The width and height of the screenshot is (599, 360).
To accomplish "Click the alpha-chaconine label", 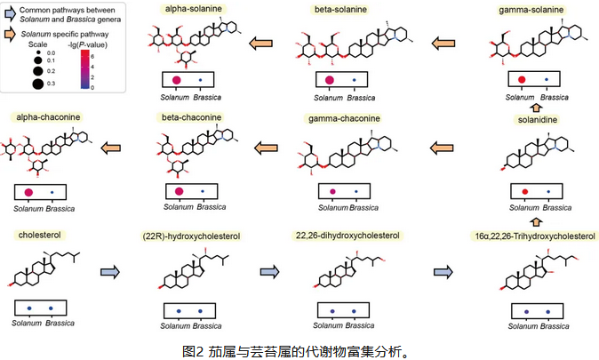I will coord(44,117).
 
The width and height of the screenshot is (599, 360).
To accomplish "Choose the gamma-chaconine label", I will coord(343,119).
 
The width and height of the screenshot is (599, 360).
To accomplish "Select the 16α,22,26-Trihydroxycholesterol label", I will coord(534,236).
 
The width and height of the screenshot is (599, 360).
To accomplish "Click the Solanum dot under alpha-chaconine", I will coord(29,192).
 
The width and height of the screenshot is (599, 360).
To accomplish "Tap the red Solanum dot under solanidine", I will coord(525,192).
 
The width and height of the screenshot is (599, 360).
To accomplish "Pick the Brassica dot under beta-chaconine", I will coord(203,192).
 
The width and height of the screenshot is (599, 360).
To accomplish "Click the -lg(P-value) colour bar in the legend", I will coord(87,69).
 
